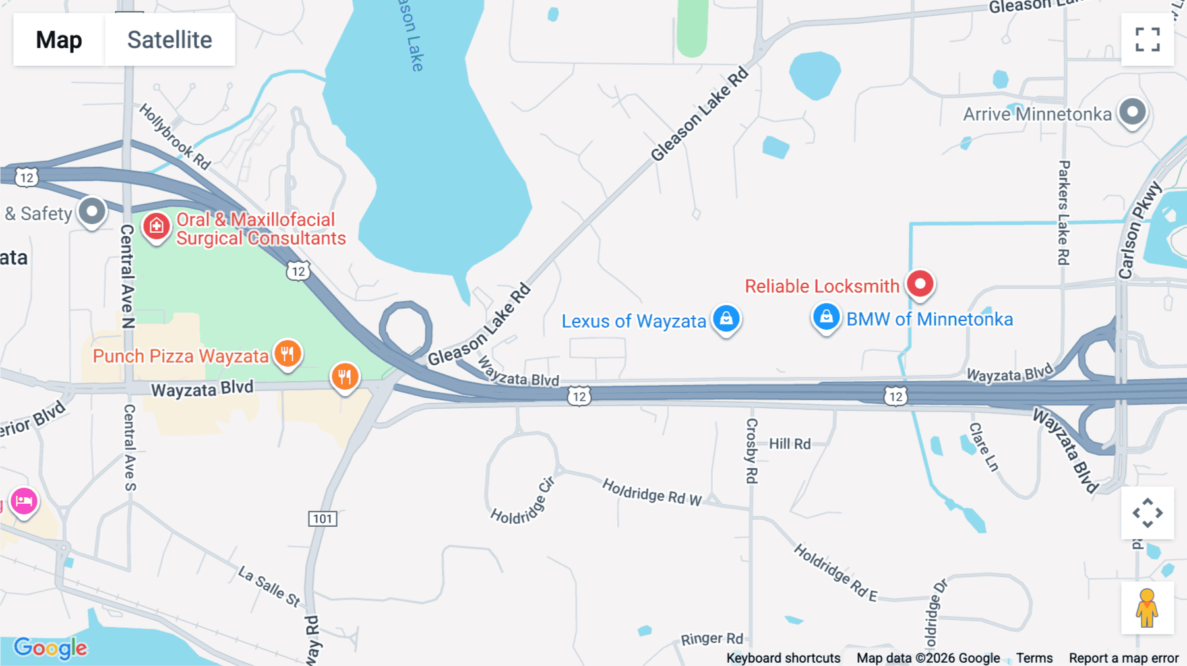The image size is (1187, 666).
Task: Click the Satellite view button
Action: (169, 40)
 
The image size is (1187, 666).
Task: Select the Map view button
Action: (59, 40)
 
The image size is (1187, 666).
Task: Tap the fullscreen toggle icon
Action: (1147, 40)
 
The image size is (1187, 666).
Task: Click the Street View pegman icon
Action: (1147, 608)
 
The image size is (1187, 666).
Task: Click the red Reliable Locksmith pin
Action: (920, 284)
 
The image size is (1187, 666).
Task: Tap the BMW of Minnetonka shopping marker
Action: (826, 318)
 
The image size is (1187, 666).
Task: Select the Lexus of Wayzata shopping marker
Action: (726, 319)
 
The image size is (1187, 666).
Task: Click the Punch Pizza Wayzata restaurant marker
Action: (288, 354)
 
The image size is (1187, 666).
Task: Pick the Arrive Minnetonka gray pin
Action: (1132, 113)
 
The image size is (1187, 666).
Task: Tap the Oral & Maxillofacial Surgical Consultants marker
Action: (156, 227)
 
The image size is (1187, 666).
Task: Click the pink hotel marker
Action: (24, 502)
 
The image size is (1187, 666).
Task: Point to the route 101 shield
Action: (322, 519)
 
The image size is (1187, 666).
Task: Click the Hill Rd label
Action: (789, 444)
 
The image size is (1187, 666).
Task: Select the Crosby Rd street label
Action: (752, 450)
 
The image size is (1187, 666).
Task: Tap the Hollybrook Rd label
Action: (175, 136)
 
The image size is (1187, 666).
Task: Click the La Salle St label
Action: (269, 586)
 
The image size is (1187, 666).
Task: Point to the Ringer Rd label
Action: (712, 638)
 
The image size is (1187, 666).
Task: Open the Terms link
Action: (1034, 657)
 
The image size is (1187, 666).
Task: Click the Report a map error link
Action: (1123, 657)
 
